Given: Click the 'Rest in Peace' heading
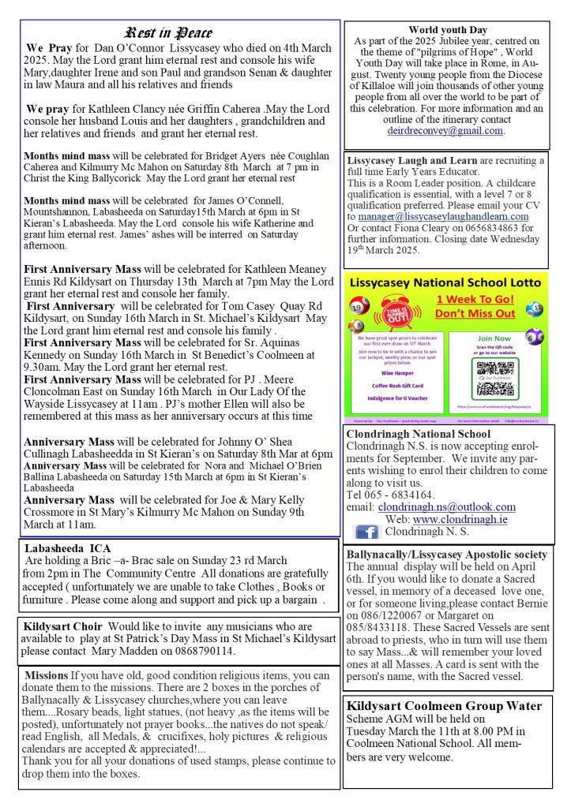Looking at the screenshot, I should pyautogui.click(x=168, y=32).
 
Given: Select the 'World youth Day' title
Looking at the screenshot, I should pyautogui.click(x=448, y=30).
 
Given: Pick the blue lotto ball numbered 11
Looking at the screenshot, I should pyautogui.click(x=535, y=308).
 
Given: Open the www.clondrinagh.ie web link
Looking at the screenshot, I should pyautogui.click(x=471, y=520).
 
